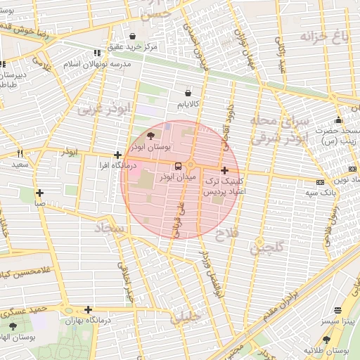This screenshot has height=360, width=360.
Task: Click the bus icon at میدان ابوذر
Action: click(177, 166)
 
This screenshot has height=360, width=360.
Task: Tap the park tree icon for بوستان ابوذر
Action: click(153, 137)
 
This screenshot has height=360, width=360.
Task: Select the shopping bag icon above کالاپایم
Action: click(188, 93)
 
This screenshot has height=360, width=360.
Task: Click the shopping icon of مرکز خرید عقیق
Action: click(132, 37)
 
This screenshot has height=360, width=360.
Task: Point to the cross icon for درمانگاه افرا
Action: click(117, 155)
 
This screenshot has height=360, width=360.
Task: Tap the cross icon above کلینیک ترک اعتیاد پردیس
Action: click(224, 170)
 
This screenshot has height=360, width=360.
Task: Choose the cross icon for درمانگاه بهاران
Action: click(88, 309)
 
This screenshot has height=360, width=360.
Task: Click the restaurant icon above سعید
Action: click(20, 153)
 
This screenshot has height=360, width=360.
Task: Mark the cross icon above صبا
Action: click(40, 193)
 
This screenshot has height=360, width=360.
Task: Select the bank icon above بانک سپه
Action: click(321, 182)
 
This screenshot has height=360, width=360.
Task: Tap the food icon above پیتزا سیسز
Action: click(337, 310)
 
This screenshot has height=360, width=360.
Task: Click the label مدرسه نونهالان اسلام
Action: click(97, 64)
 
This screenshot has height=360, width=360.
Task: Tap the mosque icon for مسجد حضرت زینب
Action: click(338, 120)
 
